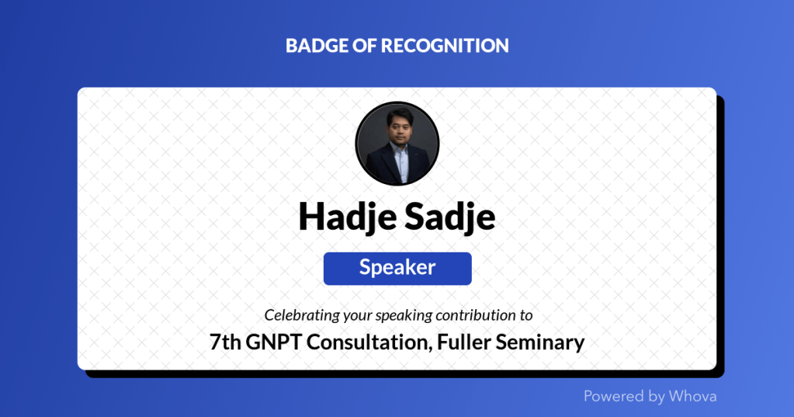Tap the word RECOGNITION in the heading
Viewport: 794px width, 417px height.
click(445, 46)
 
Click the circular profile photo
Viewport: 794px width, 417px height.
click(397, 144)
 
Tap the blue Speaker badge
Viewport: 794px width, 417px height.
click(397, 269)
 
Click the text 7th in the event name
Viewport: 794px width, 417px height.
click(225, 342)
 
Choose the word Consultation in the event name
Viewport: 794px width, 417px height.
click(369, 342)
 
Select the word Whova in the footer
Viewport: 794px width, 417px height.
click(692, 396)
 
